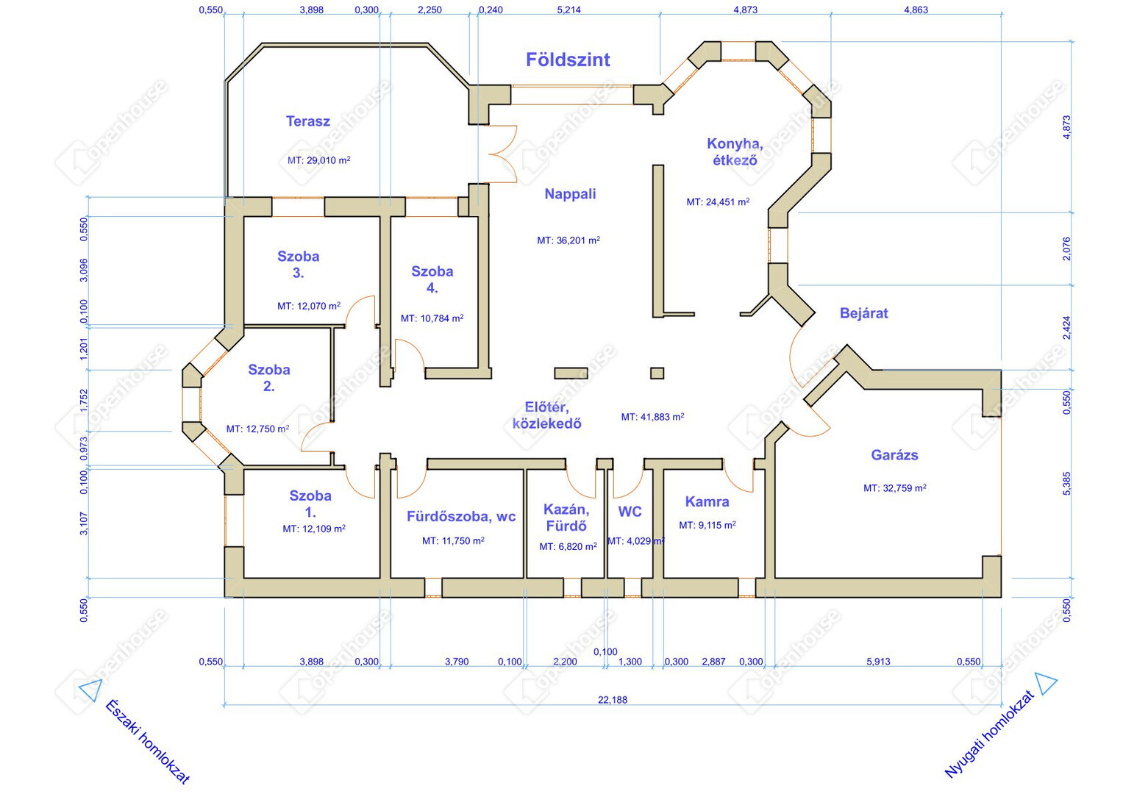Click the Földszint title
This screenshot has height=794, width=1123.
tap(568, 60)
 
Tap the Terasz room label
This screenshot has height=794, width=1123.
tap(308, 121)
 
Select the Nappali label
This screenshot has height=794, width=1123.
tap(570, 194)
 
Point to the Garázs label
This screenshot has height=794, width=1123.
tap(894, 455)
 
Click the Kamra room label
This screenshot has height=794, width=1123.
tap(707, 501)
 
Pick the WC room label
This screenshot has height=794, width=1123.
tap(630, 512)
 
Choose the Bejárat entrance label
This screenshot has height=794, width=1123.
tap(864, 313)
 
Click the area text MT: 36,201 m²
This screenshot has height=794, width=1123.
tap(568, 240)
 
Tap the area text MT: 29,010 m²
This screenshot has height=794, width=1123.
tap(319, 160)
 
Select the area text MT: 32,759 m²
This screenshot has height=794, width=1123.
tap(894, 487)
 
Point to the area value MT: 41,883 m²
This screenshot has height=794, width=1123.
tap(652, 417)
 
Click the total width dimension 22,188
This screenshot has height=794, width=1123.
tap(612, 700)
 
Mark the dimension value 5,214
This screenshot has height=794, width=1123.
tap(568, 10)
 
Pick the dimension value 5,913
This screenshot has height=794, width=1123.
tap(878, 662)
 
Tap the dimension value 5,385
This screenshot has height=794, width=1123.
tap(1066, 484)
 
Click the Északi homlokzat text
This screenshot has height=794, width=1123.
tap(147, 741)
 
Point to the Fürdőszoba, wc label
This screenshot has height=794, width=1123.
tap(460, 517)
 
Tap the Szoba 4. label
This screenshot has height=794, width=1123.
tap(432, 279)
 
